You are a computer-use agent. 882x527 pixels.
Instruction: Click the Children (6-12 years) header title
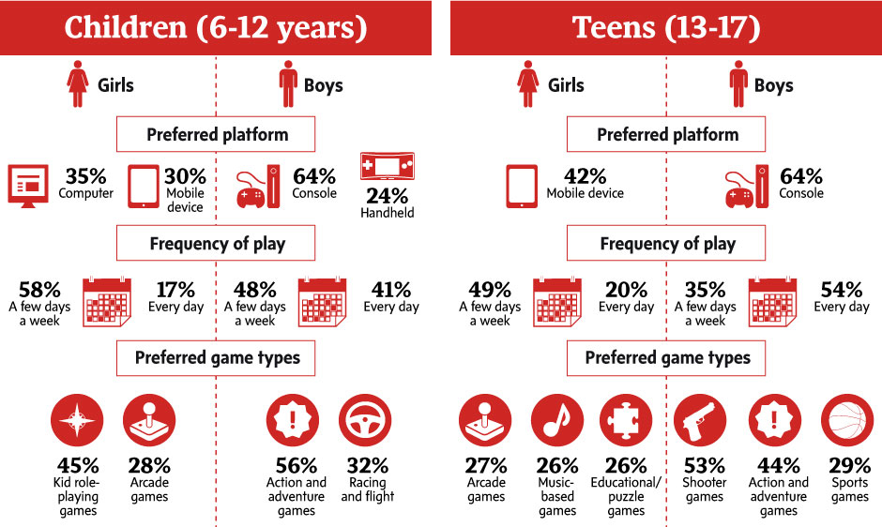point(215,28)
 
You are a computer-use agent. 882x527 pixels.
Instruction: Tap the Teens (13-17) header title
point(666,28)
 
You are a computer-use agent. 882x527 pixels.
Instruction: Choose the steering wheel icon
point(365,421)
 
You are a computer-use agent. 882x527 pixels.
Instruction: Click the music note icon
point(557,421)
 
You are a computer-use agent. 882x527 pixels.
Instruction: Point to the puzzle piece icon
point(626,421)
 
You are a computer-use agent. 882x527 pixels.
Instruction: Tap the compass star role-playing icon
point(77,421)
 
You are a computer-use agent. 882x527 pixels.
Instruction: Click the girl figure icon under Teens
point(527,84)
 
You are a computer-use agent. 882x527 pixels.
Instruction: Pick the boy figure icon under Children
point(287,84)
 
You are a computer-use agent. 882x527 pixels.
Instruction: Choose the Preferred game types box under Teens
point(667,357)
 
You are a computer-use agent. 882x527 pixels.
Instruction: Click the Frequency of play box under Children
point(217,244)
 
